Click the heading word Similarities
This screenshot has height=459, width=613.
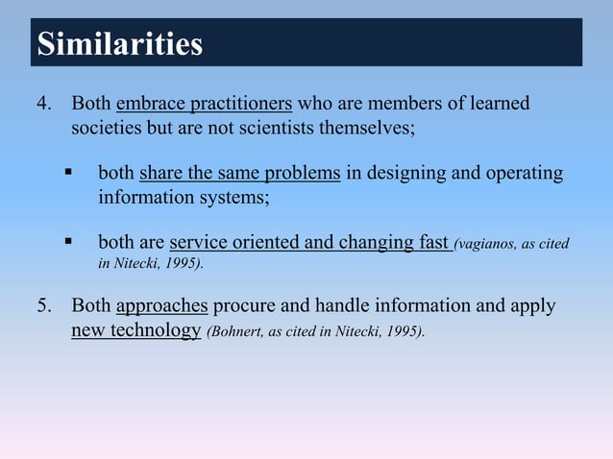tap(119, 44)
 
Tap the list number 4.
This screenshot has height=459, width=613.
tap(43, 103)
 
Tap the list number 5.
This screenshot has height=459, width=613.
tap(43, 306)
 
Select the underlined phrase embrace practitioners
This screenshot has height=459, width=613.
tap(204, 103)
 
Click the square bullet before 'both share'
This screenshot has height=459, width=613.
tap(69, 173)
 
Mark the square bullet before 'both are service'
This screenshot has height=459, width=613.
tap(69, 243)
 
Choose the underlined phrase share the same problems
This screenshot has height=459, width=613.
tap(240, 174)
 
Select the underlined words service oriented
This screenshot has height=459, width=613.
tap(233, 244)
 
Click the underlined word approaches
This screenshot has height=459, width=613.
tap(161, 306)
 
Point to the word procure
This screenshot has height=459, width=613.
tap(244, 306)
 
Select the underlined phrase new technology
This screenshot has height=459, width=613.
tap(135, 331)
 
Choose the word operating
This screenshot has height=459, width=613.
tap(524, 174)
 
